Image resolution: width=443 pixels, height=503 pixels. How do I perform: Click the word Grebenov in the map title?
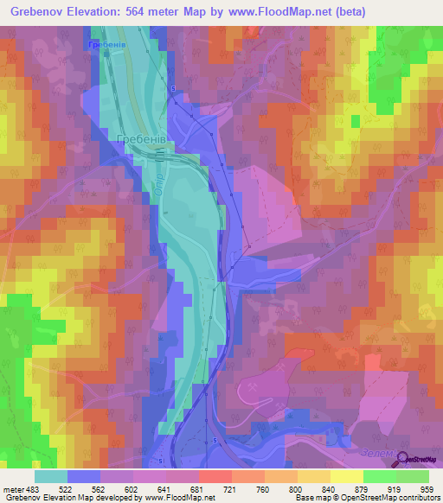click(42, 11)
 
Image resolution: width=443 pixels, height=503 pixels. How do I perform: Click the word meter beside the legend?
click(14, 488)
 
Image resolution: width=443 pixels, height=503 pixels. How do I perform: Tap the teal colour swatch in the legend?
click(51, 476)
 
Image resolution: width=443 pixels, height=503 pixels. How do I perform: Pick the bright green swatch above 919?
click(380, 476)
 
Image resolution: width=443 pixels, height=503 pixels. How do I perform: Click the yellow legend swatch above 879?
click(347, 476)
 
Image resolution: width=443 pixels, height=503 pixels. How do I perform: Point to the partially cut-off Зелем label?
click(378, 453)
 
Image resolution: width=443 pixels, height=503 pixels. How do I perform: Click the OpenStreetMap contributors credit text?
click(389, 499)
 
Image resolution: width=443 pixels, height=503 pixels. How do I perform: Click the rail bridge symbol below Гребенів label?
click(161, 156)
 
